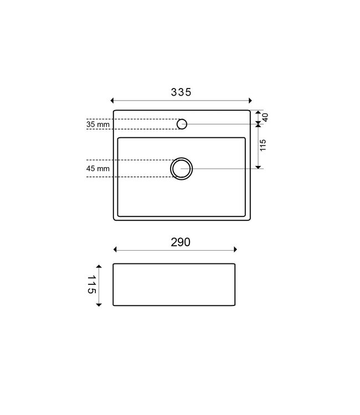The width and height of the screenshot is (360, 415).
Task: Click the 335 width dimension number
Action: click(x=181, y=93)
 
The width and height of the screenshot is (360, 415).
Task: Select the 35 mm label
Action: click(x=99, y=124)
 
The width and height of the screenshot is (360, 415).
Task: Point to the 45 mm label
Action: click(x=99, y=168)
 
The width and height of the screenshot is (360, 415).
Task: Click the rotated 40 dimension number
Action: click(x=265, y=117)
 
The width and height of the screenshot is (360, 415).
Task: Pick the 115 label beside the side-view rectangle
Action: click(x=91, y=284)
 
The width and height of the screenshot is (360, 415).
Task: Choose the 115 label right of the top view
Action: click(x=263, y=146)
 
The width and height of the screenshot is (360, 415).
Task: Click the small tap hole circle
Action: click(x=182, y=124)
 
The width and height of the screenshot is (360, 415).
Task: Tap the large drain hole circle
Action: click(x=182, y=168)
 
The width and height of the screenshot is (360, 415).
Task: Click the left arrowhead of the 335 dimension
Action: click(x=112, y=101)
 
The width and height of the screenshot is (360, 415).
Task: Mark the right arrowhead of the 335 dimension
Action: click(x=250, y=101)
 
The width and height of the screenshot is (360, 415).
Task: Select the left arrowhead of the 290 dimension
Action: click(x=115, y=250)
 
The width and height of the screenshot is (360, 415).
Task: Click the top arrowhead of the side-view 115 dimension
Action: click(x=99, y=265)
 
